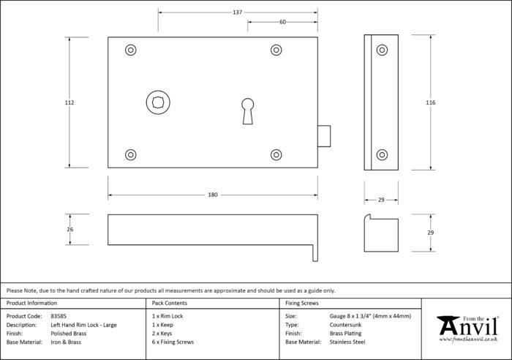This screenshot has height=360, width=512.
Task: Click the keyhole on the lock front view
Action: coord(247,111)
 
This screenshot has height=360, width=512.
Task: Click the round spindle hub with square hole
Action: coord(158,102)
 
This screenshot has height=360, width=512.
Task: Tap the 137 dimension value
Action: coord(238,12)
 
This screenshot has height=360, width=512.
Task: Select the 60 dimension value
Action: coord(283,22)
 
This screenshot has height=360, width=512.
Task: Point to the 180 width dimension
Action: coord(213,195)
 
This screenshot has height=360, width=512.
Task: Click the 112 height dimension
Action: coord(69,102)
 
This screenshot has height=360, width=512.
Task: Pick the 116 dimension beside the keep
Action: coord(430,102)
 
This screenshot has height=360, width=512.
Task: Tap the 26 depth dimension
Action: coord(70,229)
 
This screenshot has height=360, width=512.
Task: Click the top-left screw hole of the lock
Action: coord(131,50)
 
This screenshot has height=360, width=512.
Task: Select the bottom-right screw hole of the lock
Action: coord(276,154)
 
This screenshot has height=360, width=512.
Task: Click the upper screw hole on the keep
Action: coord(382,50)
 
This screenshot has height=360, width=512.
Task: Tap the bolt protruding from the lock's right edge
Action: coord(324,136)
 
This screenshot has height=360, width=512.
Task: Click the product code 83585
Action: coord(59,316)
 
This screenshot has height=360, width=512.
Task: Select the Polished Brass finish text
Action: coord(69,334)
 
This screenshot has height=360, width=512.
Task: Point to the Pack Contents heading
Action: coord(170,303)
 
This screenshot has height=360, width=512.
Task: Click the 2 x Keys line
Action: coord(162,334)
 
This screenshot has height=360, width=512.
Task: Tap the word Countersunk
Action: coord(345,325)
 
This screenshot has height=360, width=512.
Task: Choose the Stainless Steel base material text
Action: coord(347,342)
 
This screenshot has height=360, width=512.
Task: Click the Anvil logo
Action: coord(468,329)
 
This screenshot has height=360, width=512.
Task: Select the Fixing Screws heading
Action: coord(301,303)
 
